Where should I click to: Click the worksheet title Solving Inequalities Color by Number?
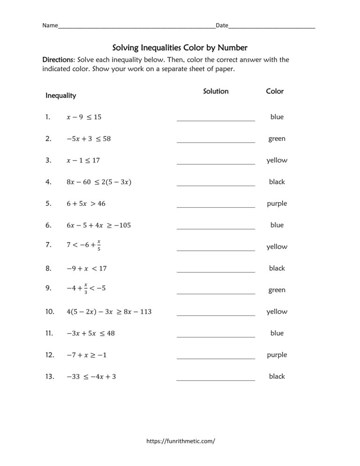(x=180, y=47)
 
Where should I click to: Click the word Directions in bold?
(x=58, y=60)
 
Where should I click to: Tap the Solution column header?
(x=216, y=91)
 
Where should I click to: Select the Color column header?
(x=275, y=91)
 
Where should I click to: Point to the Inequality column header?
(x=60, y=96)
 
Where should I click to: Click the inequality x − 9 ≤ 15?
(x=84, y=117)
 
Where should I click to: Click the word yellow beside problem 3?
(x=277, y=160)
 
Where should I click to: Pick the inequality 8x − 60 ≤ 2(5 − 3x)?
(x=99, y=182)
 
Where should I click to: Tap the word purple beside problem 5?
(x=277, y=203)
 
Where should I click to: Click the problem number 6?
(x=48, y=225)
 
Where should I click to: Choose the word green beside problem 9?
(x=277, y=290)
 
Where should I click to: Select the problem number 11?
(x=49, y=333)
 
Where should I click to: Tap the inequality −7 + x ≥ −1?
(x=87, y=355)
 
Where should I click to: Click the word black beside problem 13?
(x=277, y=376)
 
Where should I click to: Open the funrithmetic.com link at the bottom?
(x=180, y=441)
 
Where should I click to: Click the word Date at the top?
(x=222, y=25)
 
